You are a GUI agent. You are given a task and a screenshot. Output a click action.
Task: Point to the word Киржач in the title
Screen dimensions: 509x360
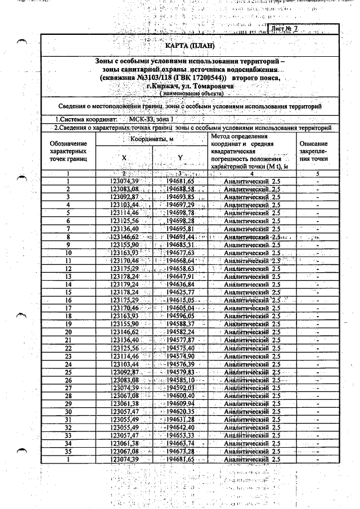(161, 87)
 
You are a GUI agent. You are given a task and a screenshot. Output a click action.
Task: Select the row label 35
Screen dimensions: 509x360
(67, 452)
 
